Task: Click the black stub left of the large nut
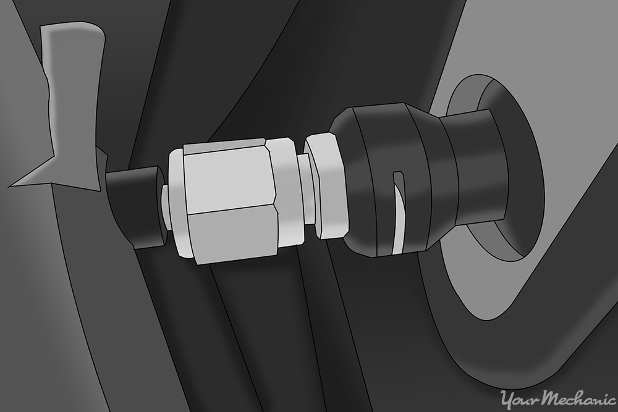pos(133,207)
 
